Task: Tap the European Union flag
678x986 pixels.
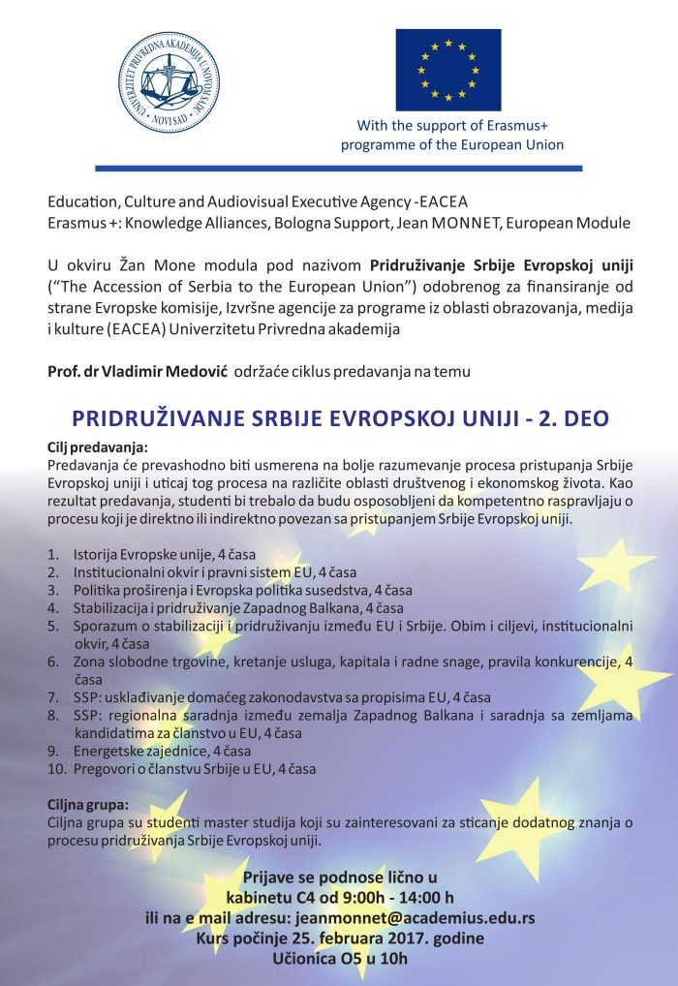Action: [447, 70]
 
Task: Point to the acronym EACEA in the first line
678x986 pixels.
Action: [443, 202]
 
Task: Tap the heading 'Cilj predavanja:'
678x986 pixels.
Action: [98, 447]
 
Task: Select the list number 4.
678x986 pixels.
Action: [53, 607]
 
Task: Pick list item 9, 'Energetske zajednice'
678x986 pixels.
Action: [145, 751]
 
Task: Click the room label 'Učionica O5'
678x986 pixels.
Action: [318, 959]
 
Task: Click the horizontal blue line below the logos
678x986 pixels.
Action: [339, 168]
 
